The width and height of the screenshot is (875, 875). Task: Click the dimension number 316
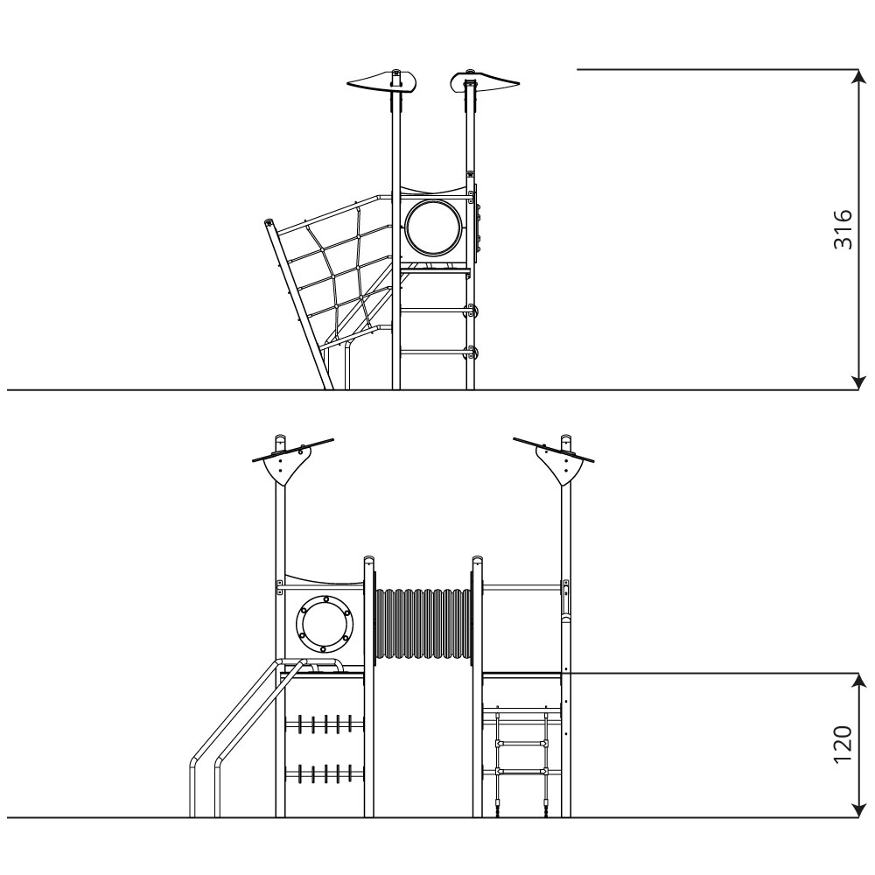843,229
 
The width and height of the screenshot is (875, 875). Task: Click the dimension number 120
843,745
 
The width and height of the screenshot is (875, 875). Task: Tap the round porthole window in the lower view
325,624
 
